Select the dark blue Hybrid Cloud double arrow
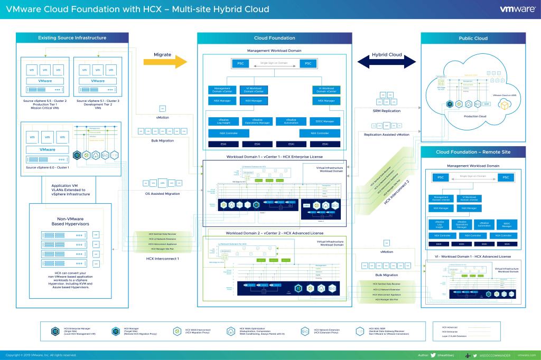[387, 62]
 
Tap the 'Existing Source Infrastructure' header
[72, 38]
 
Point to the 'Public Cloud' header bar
[473, 39]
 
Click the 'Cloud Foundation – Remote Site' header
[473, 152]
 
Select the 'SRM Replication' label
[387, 111]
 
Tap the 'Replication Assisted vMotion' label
[387, 135]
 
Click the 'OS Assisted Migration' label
[163, 194]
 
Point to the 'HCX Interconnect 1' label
[163, 259]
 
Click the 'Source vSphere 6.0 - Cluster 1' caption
[47, 167]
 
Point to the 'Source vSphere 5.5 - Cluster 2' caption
[45, 100]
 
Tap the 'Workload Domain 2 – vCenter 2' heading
[274, 233]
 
